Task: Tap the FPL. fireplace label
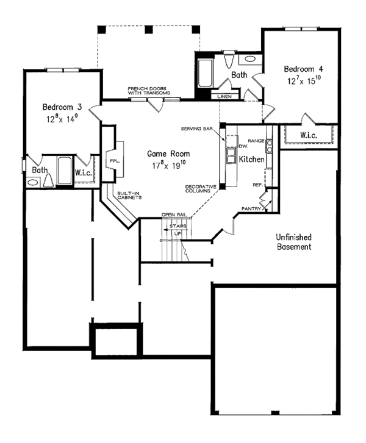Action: point(113,161)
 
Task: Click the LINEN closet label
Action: point(224,96)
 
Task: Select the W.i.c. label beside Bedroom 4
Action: point(309,134)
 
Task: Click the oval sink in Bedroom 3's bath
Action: point(32,182)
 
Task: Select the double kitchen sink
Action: point(232,155)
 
